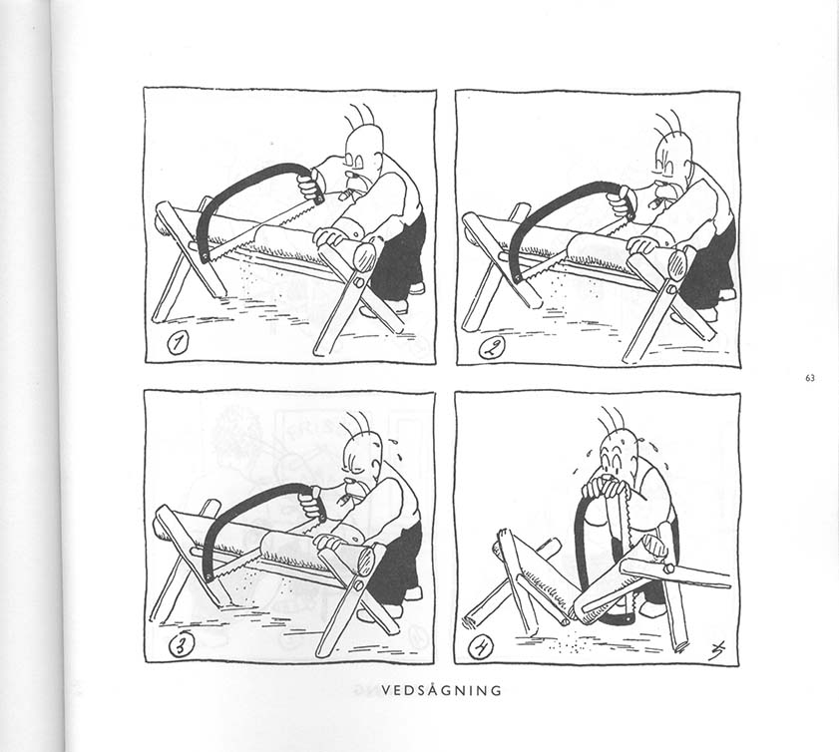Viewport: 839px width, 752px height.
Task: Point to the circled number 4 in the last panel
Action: [480, 648]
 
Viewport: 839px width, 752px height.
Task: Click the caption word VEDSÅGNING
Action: [442, 690]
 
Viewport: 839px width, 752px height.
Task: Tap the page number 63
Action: [809, 378]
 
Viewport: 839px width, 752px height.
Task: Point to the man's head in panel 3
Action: [364, 460]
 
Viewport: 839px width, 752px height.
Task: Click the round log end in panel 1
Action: [365, 256]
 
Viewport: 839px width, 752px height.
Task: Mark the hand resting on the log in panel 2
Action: [644, 245]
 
